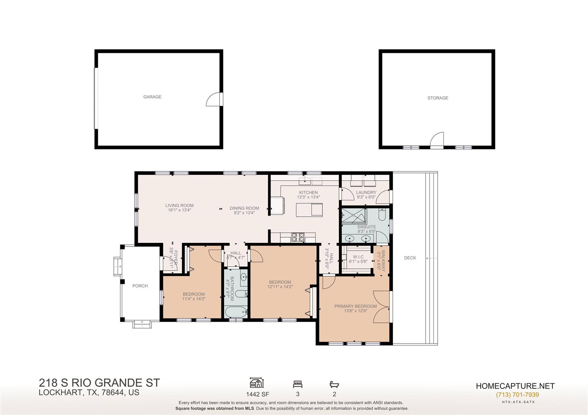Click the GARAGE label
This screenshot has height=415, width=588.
[x=152, y=97]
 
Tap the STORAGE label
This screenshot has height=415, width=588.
[x=438, y=98]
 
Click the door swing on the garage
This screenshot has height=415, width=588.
[x=213, y=100]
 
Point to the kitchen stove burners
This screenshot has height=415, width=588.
[x=298, y=237]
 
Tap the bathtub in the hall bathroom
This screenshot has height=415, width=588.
[x=236, y=312]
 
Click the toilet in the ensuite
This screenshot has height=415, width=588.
[x=382, y=215]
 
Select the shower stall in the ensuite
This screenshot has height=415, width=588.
[x=353, y=216]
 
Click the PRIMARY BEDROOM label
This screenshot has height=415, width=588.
[x=355, y=306]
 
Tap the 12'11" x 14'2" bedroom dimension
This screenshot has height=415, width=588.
[x=280, y=287]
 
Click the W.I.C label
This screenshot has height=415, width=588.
[x=358, y=257]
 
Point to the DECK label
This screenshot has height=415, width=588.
[x=410, y=258]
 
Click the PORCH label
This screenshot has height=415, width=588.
[x=140, y=286]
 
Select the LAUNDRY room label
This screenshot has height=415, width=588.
[x=366, y=192]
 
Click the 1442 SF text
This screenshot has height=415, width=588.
[x=258, y=394]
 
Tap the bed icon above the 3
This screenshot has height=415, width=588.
[x=297, y=384]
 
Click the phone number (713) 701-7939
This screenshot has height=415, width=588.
[x=517, y=395]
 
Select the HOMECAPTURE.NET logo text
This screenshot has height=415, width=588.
[x=515, y=386]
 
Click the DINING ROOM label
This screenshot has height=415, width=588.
[x=244, y=208]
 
